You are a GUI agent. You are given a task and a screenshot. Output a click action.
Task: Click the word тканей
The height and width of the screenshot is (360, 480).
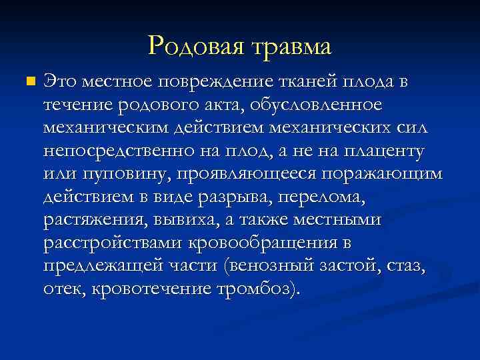pos(305,82)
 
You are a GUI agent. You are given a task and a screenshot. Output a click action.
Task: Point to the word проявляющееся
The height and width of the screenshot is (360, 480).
pos(243,175)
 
